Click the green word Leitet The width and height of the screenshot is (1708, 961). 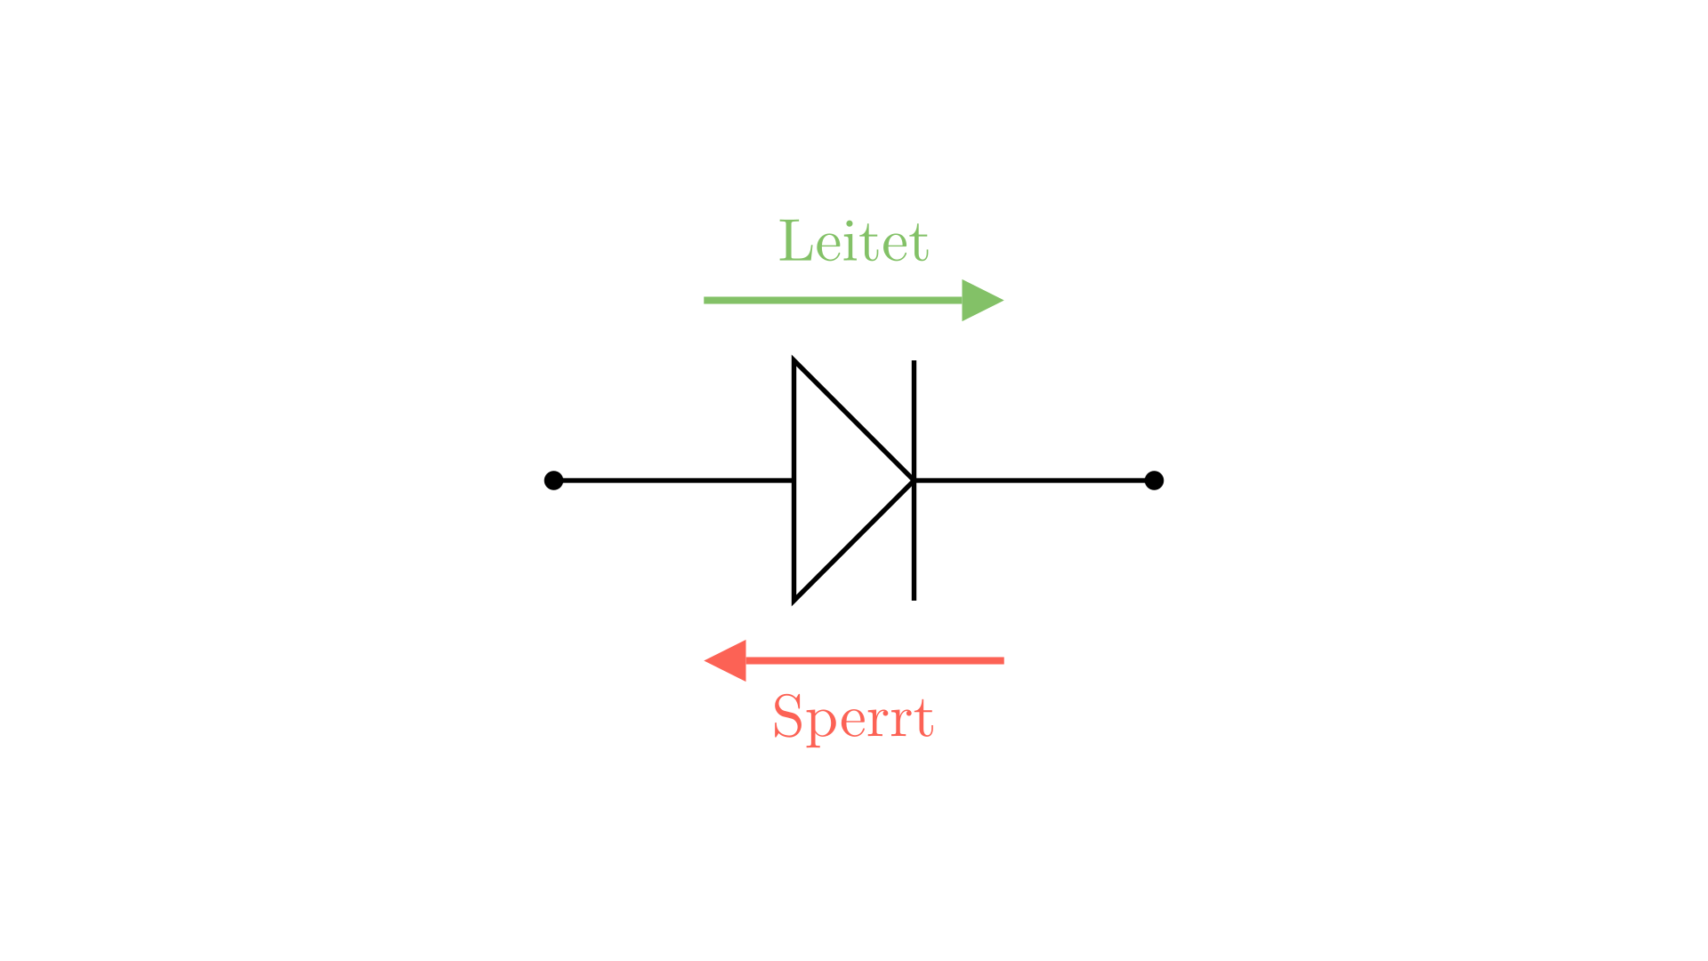pyautogui.click(x=854, y=241)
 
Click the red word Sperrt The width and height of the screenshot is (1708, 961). pyautogui.click(x=853, y=717)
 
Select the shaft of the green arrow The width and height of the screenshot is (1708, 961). pyautogui.click(x=834, y=301)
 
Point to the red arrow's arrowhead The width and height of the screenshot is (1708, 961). pyautogui.click(x=725, y=661)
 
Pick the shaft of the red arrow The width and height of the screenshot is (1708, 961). pyautogui.click(x=874, y=661)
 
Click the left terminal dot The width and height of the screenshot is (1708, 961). pyautogui.click(x=553, y=480)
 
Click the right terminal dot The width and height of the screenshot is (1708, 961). pyautogui.click(x=1154, y=480)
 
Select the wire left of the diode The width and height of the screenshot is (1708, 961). pyautogui.click(x=673, y=480)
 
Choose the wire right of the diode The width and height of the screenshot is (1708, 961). pyautogui.click(x=1034, y=480)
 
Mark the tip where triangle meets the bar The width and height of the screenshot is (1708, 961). pyautogui.click(x=914, y=480)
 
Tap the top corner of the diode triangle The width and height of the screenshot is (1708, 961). pyautogui.click(x=794, y=360)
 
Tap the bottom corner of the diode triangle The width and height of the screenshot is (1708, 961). pyautogui.click(x=794, y=601)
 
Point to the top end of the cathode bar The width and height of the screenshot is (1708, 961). pyautogui.click(x=914, y=361)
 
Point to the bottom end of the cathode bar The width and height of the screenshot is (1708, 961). pyautogui.click(x=914, y=600)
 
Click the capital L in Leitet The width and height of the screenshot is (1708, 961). pyautogui.click(x=795, y=241)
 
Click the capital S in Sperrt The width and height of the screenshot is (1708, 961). pyautogui.click(x=787, y=717)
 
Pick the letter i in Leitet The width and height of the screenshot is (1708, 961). pyautogui.click(x=849, y=241)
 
